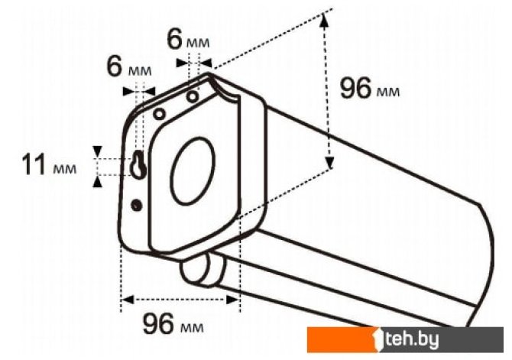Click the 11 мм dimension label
point(50,164)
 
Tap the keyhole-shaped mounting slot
point(138,164)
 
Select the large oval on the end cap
point(193,170)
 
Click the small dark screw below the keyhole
point(137,205)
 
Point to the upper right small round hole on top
point(193,96)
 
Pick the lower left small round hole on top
point(160,114)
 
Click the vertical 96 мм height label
point(370,88)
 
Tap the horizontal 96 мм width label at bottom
point(173,323)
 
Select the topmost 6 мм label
point(188,39)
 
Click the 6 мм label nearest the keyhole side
point(129,66)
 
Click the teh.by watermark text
point(412,340)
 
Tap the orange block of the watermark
point(343,340)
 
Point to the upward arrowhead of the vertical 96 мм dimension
point(324,21)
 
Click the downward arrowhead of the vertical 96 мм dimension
point(330,163)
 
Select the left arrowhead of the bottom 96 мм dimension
point(128,300)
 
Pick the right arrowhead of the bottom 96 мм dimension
point(232,300)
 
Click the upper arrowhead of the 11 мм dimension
point(97,151)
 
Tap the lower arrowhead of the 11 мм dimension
point(97,182)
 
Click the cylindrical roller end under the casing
point(203,271)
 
